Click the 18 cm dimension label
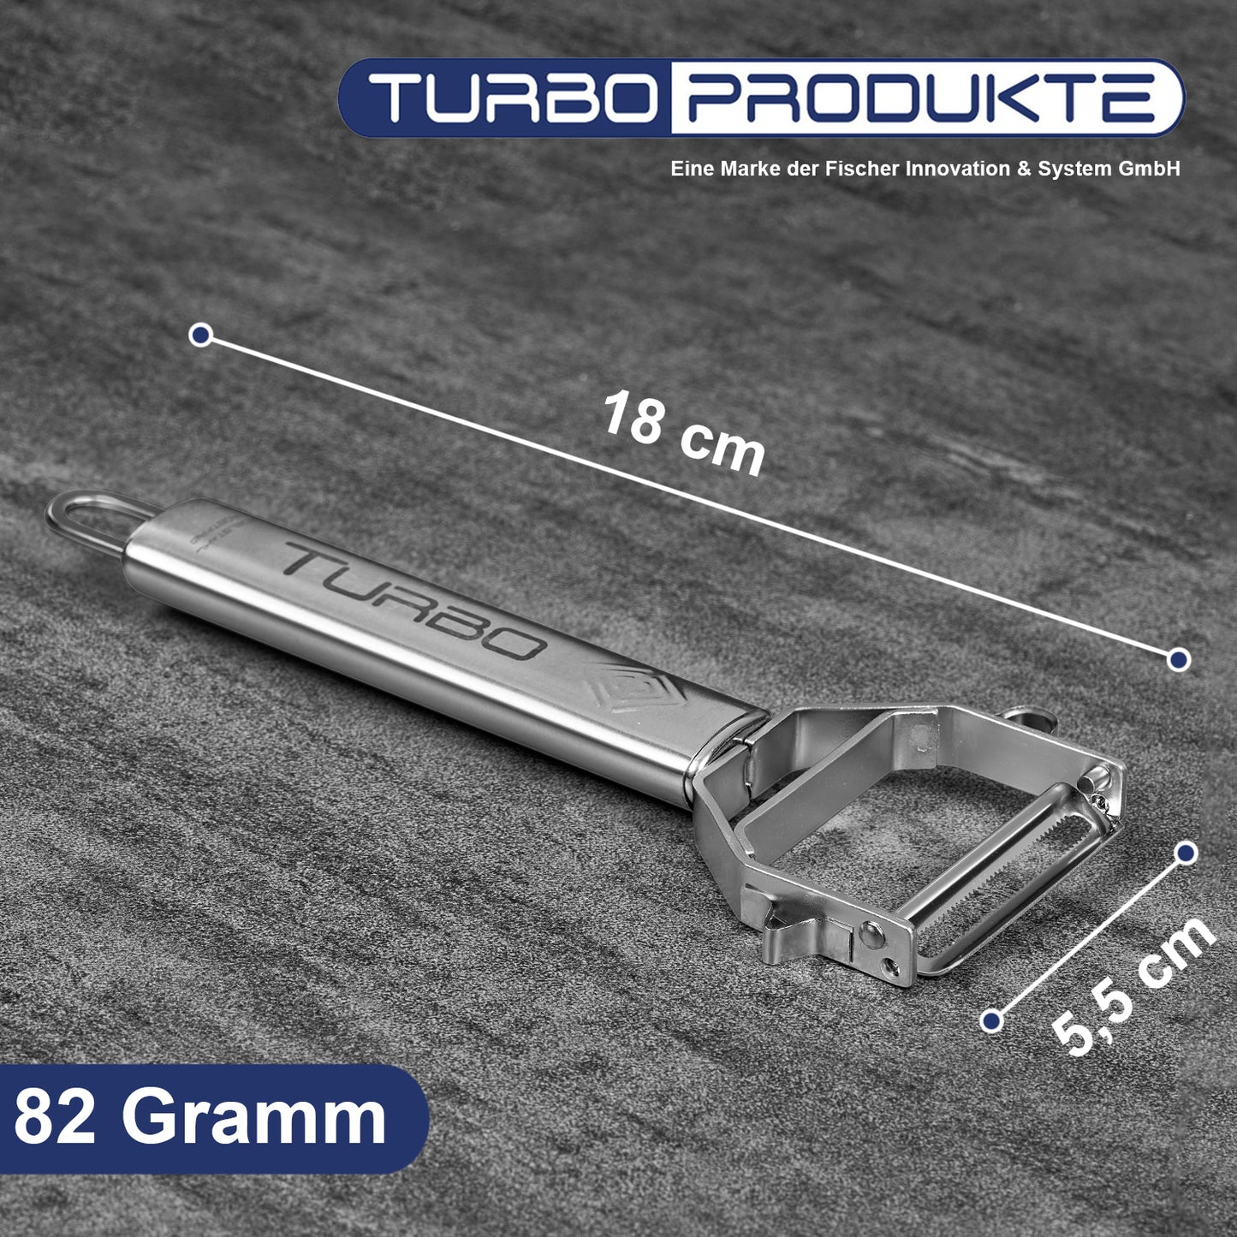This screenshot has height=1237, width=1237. coord(684,433)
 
